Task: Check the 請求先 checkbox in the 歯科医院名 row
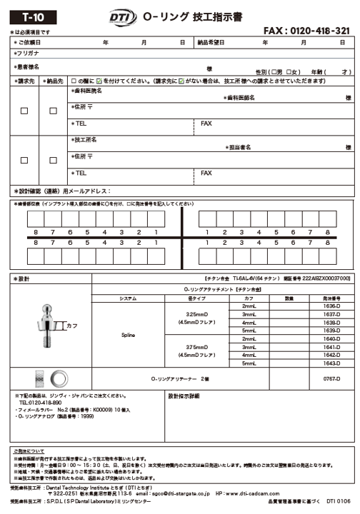(x=24, y=111)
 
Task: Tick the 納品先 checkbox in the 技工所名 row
(x=53, y=159)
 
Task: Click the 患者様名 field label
(x=28, y=66)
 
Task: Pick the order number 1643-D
(x=331, y=363)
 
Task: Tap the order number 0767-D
(x=331, y=378)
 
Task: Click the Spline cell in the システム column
(x=128, y=334)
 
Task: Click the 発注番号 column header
(x=331, y=298)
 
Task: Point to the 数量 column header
(x=289, y=298)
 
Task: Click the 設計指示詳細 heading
(x=188, y=395)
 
